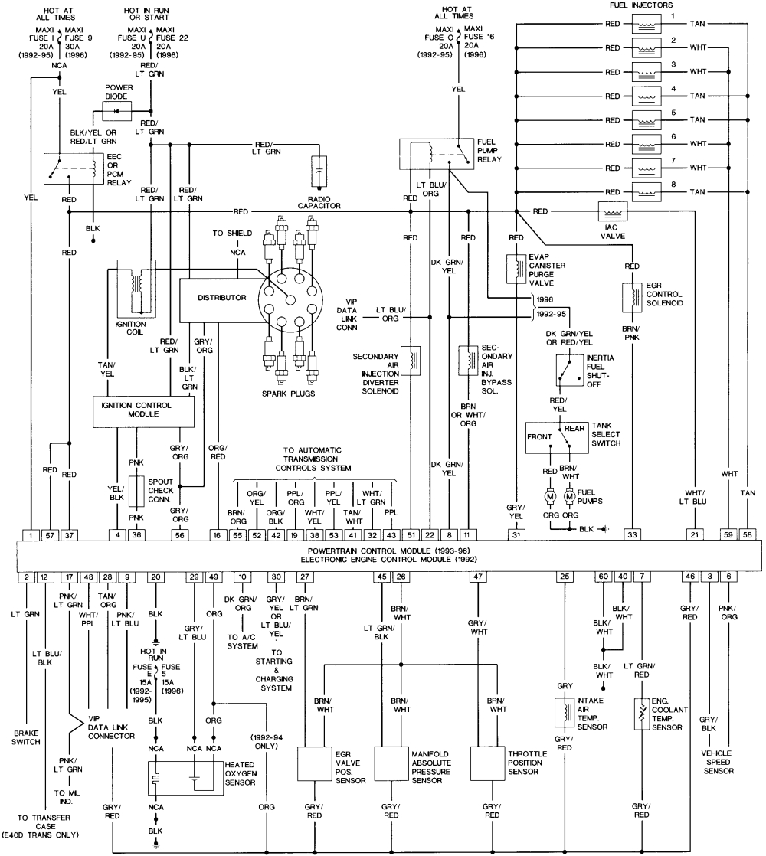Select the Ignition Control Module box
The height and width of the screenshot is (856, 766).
[143, 410]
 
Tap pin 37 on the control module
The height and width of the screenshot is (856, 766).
[70, 534]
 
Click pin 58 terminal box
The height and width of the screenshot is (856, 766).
[747, 534]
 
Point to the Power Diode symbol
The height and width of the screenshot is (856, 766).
[119, 110]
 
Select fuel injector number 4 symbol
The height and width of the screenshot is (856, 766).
[647, 96]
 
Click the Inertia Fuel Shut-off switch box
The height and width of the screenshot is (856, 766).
[568, 371]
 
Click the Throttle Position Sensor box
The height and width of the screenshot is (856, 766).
[489, 763]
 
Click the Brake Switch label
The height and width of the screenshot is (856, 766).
[26, 737]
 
